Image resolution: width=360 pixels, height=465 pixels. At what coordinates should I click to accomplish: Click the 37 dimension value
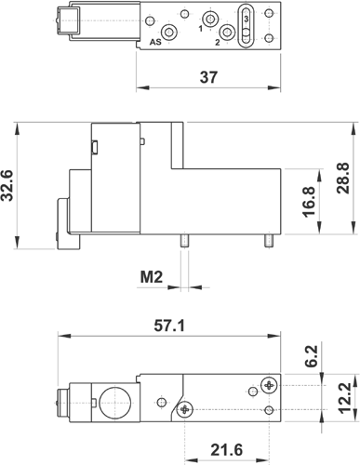pyautogui.click(x=208, y=77)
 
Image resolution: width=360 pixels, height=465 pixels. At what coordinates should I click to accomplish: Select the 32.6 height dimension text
pyautogui.click(x=7, y=185)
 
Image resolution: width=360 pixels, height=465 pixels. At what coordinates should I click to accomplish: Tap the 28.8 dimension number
pyautogui.click(x=343, y=178)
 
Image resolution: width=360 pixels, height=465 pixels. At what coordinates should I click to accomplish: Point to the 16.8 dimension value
pyautogui.click(x=309, y=202)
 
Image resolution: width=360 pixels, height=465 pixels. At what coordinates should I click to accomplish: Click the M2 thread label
pyautogui.click(x=152, y=277)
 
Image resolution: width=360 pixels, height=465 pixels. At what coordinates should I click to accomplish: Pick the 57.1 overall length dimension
pyautogui.click(x=169, y=325)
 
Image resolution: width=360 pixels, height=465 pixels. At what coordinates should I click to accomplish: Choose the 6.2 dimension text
pyautogui.click(x=312, y=356)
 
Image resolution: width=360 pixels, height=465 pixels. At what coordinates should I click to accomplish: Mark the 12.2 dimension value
pyautogui.click(x=344, y=398)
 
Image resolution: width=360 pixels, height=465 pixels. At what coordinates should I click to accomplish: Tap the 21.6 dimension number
pyautogui.click(x=227, y=450)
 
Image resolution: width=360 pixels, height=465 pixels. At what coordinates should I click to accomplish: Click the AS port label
pyautogui.click(x=155, y=42)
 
